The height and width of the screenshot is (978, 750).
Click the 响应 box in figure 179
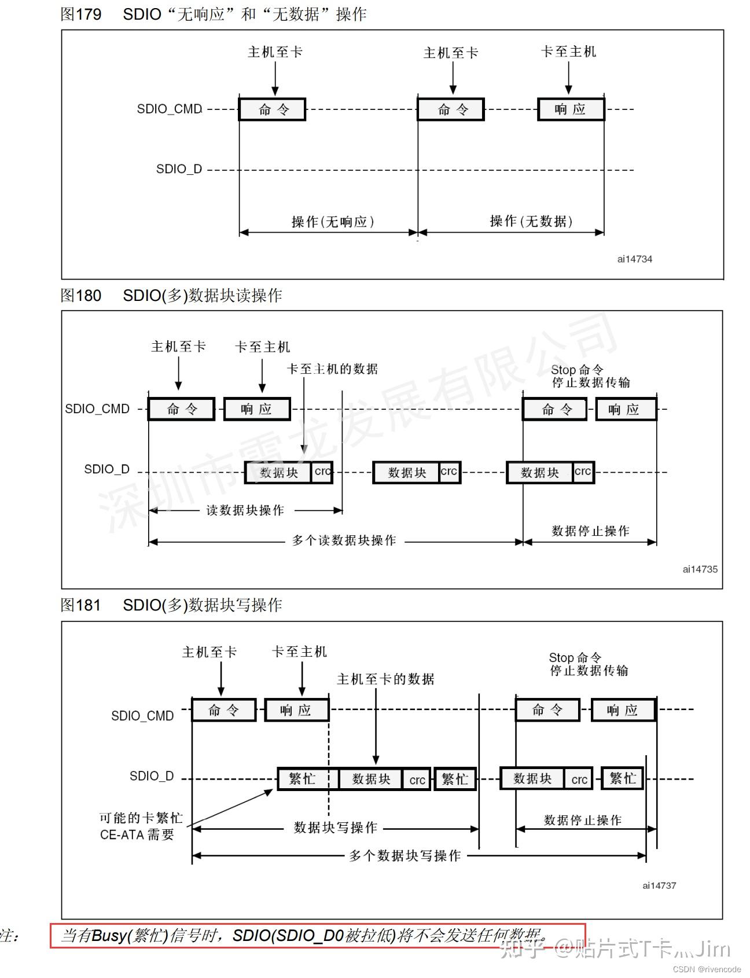pos(571,109)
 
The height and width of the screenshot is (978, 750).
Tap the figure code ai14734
pos(634,259)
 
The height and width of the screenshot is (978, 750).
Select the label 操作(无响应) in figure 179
pos(333,222)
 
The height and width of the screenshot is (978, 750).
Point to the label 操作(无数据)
pos(531,221)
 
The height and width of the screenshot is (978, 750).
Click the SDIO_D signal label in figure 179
pos(179,169)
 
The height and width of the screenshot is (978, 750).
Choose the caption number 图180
pos(81,296)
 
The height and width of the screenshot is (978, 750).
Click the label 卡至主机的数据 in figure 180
pos(332,369)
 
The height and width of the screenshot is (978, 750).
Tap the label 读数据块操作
pos(245,510)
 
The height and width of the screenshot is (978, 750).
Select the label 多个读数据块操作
pos(344,541)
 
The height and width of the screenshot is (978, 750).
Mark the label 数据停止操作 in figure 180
pos(590,531)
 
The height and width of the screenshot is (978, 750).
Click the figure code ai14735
pos(700,569)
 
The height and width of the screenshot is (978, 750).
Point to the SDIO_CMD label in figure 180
pos(97,409)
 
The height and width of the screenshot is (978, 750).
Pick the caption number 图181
pos(81,605)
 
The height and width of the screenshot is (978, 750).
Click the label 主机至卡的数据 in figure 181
pos(385,679)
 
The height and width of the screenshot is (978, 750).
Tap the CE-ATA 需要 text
pos(137,834)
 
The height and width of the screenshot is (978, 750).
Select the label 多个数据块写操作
pos(405,856)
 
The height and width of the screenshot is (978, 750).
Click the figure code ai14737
pos(659,885)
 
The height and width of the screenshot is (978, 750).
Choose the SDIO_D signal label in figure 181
pos(152,776)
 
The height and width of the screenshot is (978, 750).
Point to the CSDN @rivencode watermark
pos(707,969)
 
